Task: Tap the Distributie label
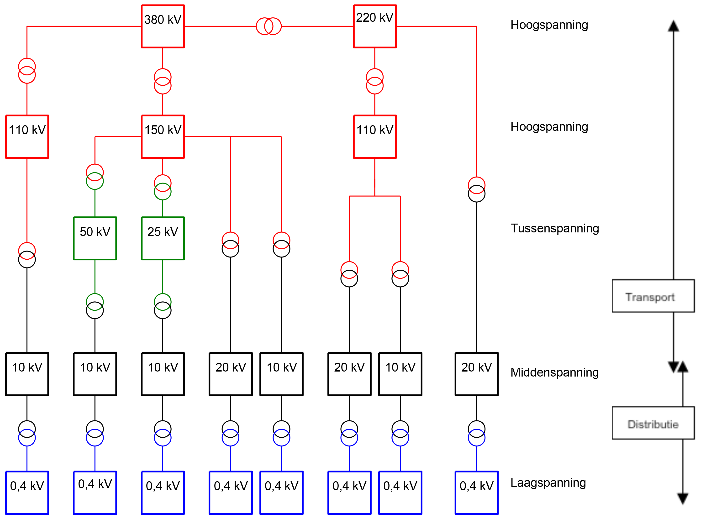point(653,424)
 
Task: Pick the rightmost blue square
point(476,493)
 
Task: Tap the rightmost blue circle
point(476,438)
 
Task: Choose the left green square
point(95,239)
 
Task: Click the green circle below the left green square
point(95,302)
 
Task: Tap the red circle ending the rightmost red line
point(476,185)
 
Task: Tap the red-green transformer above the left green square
point(95,177)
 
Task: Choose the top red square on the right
point(375,26)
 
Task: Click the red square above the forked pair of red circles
point(375,137)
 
